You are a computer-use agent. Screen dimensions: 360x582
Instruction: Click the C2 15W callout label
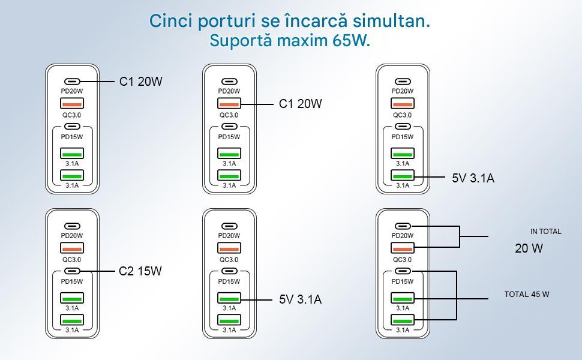(x=140, y=271)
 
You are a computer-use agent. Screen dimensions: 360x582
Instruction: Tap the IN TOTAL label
(x=545, y=232)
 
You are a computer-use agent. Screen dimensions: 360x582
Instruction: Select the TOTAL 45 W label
(x=526, y=295)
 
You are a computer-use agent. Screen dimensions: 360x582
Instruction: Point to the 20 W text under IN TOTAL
(x=529, y=248)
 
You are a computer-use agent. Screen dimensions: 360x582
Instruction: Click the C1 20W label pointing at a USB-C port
(x=141, y=82)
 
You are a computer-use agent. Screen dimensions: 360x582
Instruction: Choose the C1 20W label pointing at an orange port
(x=300, y=104)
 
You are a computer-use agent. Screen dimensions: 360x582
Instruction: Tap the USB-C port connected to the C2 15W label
(x=72, y=271)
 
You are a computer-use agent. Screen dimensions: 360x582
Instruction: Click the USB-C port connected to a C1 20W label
(x=72, y=82)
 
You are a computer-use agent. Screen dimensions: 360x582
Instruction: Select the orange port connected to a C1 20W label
(x=229, y=104)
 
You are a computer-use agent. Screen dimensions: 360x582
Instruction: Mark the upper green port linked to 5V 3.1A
(x=229, y=298)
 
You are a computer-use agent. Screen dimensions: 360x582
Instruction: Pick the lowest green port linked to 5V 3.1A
(x=403, y=176)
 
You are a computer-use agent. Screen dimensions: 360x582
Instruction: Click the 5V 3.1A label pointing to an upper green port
(x=300, y=299)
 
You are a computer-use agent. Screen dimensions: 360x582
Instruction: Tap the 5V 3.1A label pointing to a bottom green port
(x=473, y=178)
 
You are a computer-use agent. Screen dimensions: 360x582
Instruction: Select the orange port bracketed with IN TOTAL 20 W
(x=403, y=248)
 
